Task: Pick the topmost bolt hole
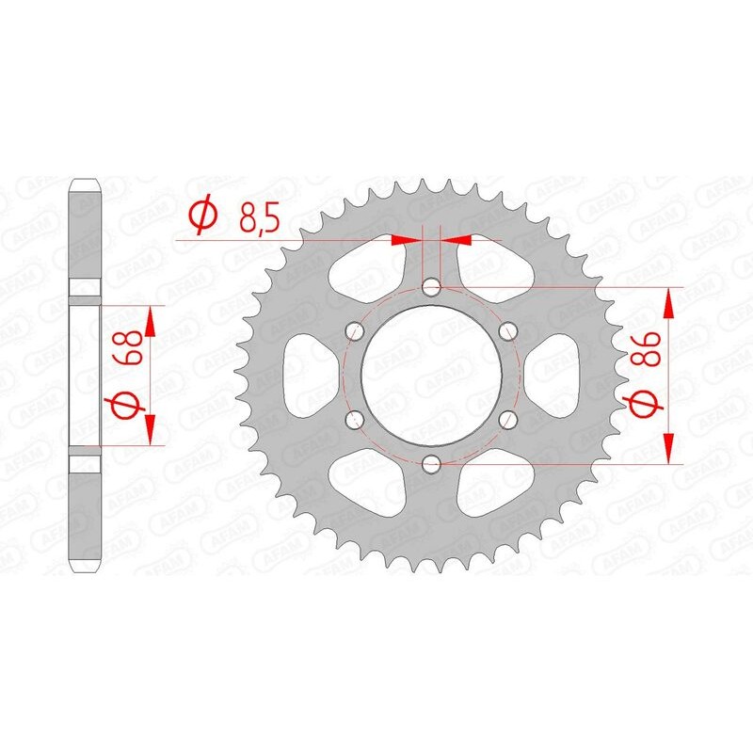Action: point(431,286)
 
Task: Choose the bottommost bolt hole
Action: point(431,462)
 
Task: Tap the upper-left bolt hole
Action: point(355,330)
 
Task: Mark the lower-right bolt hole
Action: point(507,418)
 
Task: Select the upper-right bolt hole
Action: point(507,330)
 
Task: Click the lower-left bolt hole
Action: point(355,418)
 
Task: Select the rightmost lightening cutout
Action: point(555,375)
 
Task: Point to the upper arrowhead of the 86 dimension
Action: point(668,303)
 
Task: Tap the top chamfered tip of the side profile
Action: point(86,184)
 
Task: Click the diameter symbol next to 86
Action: point(641,404)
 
